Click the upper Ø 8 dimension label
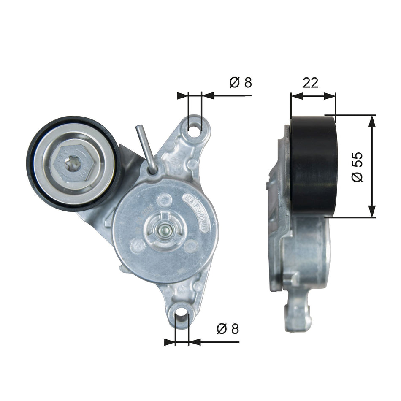[241, 82]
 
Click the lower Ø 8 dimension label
[228, 329]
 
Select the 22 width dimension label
[310, 83]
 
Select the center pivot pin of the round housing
[163, 230]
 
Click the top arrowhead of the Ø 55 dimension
[372, 121]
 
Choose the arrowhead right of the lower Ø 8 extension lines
[195, 342]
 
